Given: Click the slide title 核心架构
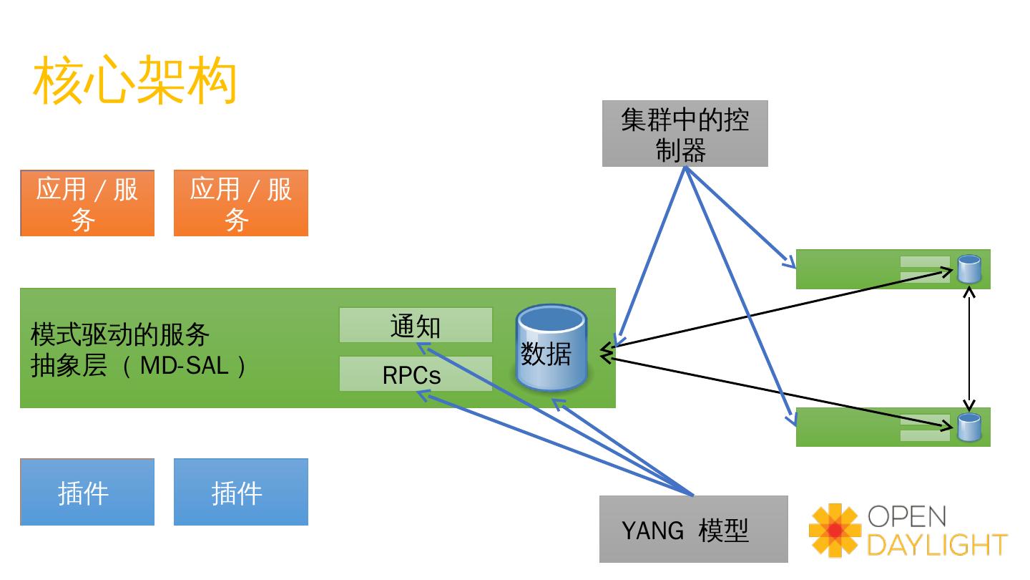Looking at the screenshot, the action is pyautogui.click(x=134, y=79).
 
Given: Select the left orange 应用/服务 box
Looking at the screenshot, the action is pyautogui.click(x=87, y=203).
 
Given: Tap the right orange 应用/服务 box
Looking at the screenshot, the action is pyautogui.click(x=241, y=203).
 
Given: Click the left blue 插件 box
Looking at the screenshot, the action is pyautogui.click(x=87, y=492).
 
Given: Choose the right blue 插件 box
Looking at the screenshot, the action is pyautogui.click(x=241, y=492).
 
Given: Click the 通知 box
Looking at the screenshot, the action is pyautogui.click(x=416, y=325).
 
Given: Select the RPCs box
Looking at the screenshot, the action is pyautogui.click(x=416, y=374).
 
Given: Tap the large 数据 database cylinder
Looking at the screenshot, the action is pyautogui.click(x=551, y=347).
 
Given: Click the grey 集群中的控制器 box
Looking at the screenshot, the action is pyautogui.click(x=685, y=133).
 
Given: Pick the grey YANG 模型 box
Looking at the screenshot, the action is pyautogui.click(x=693, y=529).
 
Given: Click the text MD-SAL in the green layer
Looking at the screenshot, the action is pyautogui.click(x=185, y=366).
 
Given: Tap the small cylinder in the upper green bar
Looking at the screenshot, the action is pyautogui.click(x=968, y=269).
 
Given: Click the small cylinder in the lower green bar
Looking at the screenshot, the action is pyautogui.click(x=968, y=427).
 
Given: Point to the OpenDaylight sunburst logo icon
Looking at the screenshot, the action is pyautogui.click(x=835, y=531).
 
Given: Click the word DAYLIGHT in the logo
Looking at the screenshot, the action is pyautogui.click(x=937, y=545).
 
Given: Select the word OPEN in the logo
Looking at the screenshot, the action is pyautogui.click(x=907, y=516).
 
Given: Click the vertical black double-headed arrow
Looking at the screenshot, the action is pyautogui.click(x=969, y=349).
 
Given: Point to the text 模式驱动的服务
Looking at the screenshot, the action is pyautogui.click(x=120, y=334).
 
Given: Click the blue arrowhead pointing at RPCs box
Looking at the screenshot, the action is pyautogui.click(x=423, y=395).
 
